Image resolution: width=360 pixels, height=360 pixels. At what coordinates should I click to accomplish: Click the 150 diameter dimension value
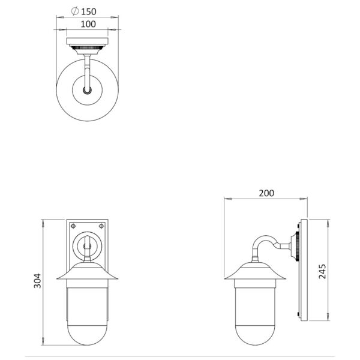coord(89,11)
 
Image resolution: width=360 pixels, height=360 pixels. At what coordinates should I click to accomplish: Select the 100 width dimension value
coord(88,24)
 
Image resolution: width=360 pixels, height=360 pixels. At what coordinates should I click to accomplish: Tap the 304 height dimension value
coord(37,281)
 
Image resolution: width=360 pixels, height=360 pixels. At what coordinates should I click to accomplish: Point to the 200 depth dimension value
coord(266,193)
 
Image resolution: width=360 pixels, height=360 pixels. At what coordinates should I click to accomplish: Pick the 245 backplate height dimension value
coord(322,271)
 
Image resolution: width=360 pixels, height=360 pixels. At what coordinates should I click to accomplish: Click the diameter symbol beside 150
coord(75,11)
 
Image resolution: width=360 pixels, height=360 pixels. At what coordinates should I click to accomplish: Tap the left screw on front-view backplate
coord(73,226)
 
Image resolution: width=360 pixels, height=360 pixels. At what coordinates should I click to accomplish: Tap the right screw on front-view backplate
coord(101,226)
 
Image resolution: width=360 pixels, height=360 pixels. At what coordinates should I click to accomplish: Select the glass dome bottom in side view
coord(256,335)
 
